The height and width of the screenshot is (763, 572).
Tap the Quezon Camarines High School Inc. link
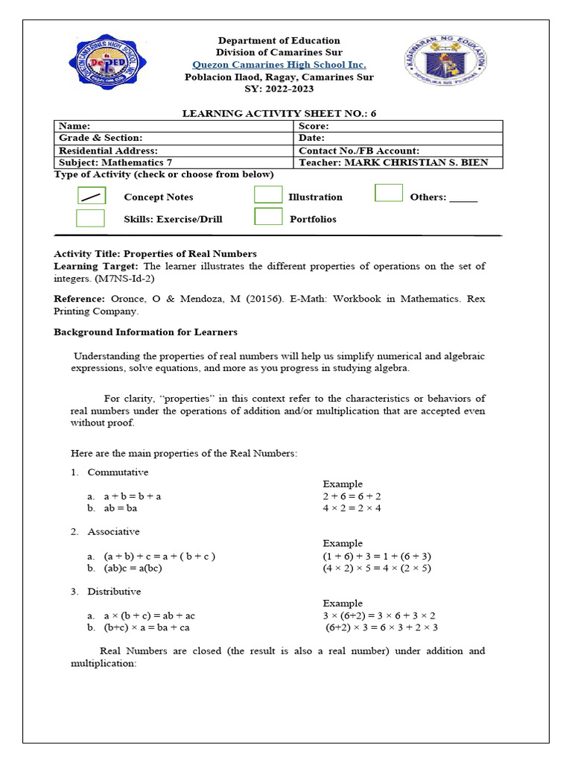[279, 65]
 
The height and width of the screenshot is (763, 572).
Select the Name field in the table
[173, 127]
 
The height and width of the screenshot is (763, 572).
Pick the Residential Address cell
[173, 151]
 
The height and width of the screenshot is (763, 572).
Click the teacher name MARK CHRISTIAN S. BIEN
[420, 162]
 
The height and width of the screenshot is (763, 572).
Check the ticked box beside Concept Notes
[92, 197]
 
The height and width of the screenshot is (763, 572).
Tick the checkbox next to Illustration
[268, 194]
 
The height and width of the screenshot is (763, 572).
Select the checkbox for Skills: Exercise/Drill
[90, 218]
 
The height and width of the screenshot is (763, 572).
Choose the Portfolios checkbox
[268, 217]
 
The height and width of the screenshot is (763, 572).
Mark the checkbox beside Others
[389, 193]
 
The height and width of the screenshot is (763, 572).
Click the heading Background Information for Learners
[145, 332]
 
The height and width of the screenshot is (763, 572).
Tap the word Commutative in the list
[118, 472]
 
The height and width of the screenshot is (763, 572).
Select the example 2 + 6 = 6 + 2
[352, 496]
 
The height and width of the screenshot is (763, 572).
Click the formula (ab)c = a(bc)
[133, 568]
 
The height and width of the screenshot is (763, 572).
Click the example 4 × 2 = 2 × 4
[352, 508]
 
